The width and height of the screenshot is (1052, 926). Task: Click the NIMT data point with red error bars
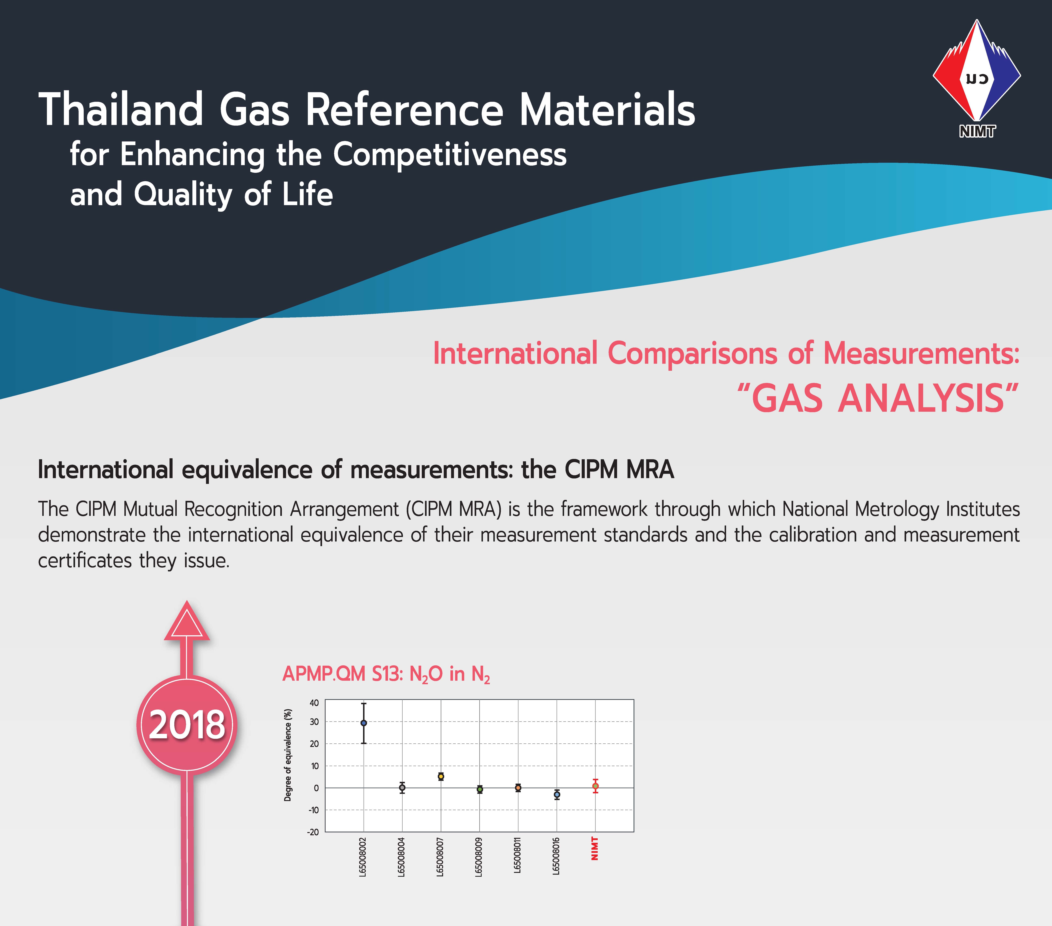(595, 786)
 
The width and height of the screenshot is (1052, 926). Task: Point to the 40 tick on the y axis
(314, 703)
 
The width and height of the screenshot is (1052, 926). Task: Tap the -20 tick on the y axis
(313, 832)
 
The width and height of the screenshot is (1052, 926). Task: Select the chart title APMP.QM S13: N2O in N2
(386, 674)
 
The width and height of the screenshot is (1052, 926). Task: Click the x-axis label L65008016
(556, 856)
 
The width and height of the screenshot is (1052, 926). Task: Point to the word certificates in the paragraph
(85, 560)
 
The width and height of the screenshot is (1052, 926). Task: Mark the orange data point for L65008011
(518, 788)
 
